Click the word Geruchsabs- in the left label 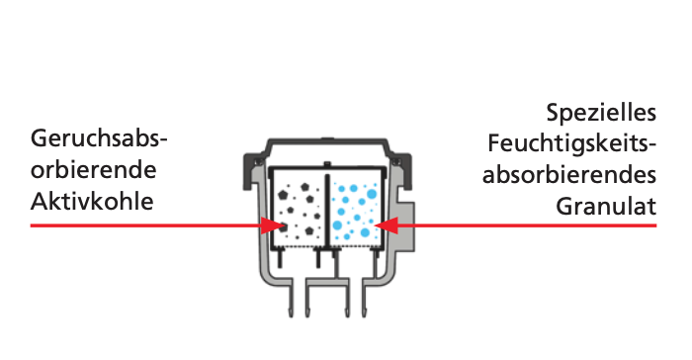(99, 138)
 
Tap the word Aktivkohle (92, 201)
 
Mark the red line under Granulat (534, 225)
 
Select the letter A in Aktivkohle (40, 201)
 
